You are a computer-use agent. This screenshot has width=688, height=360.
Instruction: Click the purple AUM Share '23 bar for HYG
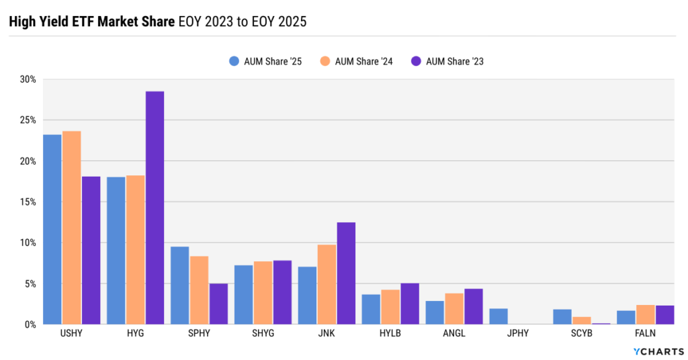pos(155,208)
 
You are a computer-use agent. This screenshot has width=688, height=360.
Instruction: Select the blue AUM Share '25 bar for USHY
pos(52,229)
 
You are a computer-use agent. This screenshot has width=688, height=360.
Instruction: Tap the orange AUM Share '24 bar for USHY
pos(71,228)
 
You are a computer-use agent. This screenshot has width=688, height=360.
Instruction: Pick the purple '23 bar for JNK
pos(346,273)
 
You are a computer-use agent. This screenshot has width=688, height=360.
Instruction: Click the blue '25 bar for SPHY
pos(179,285)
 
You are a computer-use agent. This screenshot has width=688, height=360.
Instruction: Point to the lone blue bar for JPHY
pos(499,316)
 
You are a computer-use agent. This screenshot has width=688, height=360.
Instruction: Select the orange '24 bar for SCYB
pos(582,320)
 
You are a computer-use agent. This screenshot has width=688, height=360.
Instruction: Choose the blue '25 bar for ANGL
pos(435,312)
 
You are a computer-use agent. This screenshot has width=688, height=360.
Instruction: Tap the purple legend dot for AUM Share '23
pos(416,61)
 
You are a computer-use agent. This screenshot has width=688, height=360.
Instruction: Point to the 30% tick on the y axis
pos(28,79)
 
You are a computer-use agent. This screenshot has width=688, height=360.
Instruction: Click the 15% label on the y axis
pos(28,201)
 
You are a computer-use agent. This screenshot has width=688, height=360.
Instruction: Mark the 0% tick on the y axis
pos(30,324)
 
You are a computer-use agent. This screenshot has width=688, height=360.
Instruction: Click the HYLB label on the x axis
pos(390,333)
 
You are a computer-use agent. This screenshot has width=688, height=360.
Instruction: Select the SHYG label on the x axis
pos(263,333)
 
